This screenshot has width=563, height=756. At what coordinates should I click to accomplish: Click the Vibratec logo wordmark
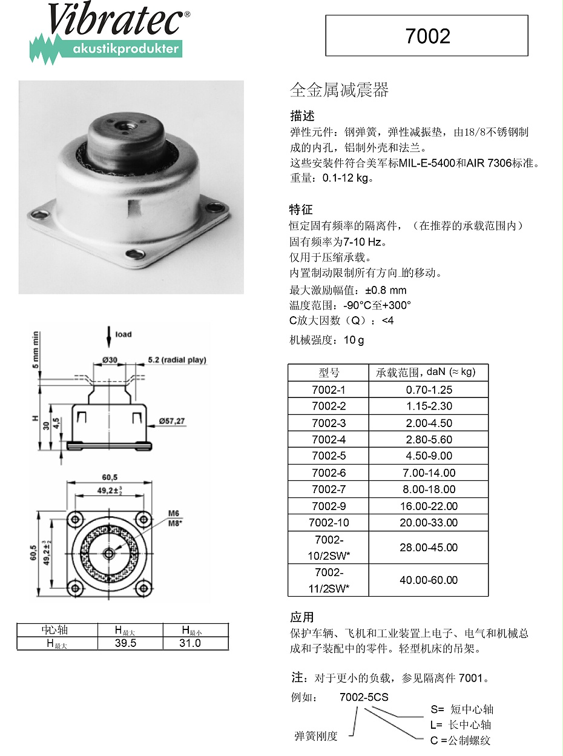tap(115, 22)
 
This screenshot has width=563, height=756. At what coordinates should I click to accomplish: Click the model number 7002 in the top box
tap(427, 36)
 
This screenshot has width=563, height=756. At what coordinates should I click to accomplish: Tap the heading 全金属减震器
tap(339, 91)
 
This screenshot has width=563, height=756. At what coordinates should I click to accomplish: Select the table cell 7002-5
tap(328, 456)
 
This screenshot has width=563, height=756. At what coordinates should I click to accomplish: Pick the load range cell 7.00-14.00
tap(429, 472)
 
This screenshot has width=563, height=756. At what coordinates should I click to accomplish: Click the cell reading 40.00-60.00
tap(429, 580)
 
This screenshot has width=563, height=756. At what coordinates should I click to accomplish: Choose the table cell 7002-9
tap(328, 506)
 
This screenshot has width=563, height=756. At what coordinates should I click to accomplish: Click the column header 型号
tap(329, 373)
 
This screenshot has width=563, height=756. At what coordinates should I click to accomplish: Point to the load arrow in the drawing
tap(109, 337)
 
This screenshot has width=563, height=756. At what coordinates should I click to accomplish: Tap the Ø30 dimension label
tap(110, 360)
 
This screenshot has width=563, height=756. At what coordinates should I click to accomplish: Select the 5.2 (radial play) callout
tap(177, 360)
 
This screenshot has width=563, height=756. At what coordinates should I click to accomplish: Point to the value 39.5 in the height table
tap(125, 643)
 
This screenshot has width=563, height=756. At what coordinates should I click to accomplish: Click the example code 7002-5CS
tap(364, 697)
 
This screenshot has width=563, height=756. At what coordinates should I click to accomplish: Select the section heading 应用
tap(301, 617)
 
